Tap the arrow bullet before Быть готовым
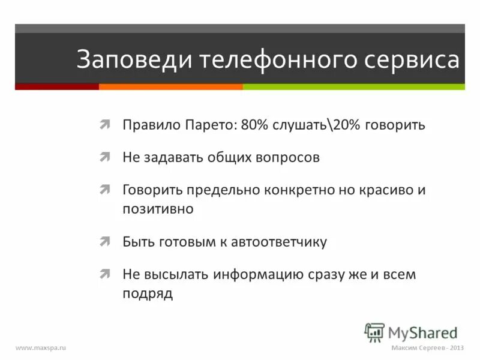point(105,242)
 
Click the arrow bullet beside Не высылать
point(105,274)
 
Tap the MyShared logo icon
point(374,332)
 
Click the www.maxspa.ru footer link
point(40,348)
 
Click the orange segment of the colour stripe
point(170,87)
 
